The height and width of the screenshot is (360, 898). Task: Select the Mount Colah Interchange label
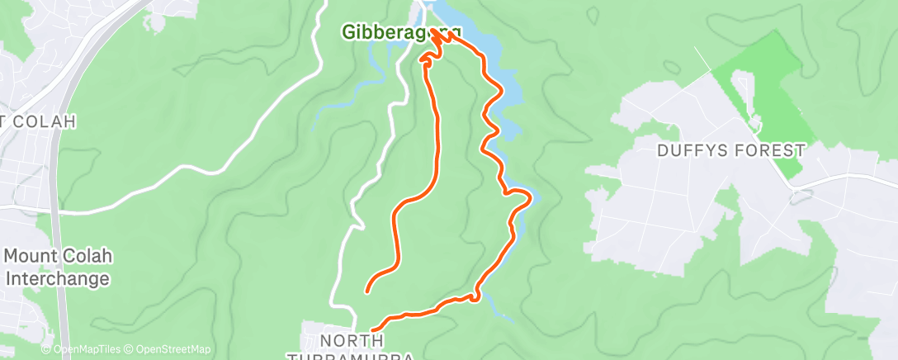coord(58,268)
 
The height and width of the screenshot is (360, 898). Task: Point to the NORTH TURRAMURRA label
coord(353,348)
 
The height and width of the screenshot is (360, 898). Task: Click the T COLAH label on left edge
coord(39,121)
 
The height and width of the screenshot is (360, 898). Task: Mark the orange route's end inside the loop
coord(366,291)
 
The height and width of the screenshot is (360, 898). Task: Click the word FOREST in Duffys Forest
coord(773,150)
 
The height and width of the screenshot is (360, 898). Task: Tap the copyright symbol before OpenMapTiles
coord(46,350)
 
